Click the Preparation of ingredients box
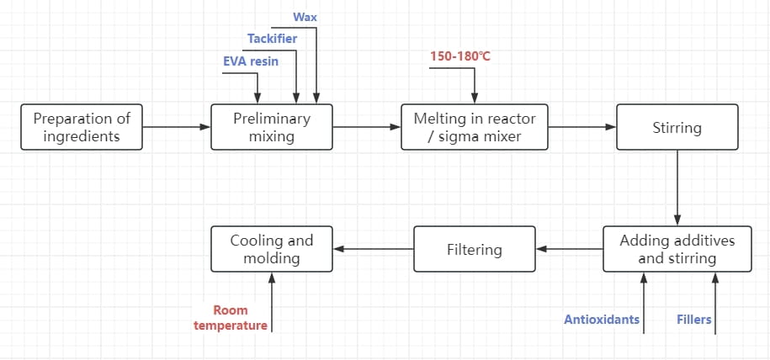pos(82,127)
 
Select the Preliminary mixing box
pos(272,127)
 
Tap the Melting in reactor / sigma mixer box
pos(475,127)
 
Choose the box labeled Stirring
pos(677,127)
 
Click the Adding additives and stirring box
pos(677,248)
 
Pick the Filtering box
pos(475,248)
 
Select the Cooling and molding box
pos(272,248)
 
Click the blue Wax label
pos(305,17)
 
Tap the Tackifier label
pos(272,39)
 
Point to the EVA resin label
pos(251,61)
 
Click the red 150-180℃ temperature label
pos(460,56)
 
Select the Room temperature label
pos(231,318)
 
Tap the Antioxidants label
pos(602,320)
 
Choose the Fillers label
pos(694,320)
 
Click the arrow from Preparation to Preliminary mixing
pos(177,127)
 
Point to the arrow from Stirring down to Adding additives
pos(677,188)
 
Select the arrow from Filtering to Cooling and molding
pos(373,249)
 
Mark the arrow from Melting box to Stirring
pos(582,127)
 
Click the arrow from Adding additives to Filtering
pos(570,249)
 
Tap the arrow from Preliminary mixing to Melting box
pos(367,127)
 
